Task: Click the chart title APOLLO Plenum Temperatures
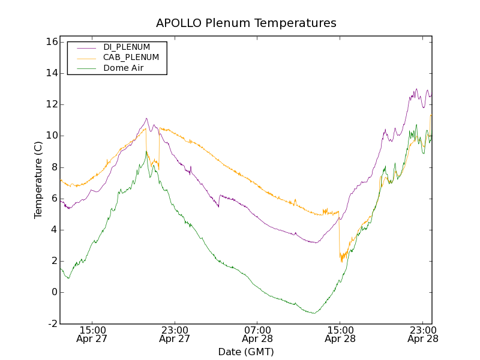246,23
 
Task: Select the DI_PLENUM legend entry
127,47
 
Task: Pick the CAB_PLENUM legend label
131,58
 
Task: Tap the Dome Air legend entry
123,68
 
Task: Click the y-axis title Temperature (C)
38,180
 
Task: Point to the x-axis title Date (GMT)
246,352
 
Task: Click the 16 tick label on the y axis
50,42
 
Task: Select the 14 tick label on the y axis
50,73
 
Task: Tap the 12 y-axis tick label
50,104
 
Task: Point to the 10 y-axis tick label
50,136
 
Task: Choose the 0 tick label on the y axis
53,292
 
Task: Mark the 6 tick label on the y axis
53,199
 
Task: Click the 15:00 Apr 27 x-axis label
92,334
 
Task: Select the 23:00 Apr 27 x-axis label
175,334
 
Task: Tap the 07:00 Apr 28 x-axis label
257,334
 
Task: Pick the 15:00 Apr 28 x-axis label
340,334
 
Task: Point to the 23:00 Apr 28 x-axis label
422,334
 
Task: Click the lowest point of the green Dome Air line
314,313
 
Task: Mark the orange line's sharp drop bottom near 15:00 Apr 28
341,262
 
